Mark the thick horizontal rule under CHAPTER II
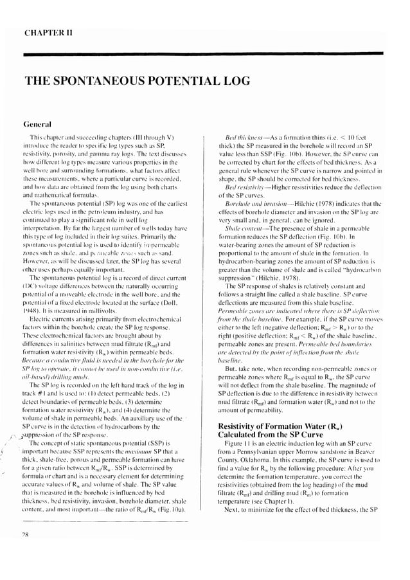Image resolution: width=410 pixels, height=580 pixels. (x=204, y=55)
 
